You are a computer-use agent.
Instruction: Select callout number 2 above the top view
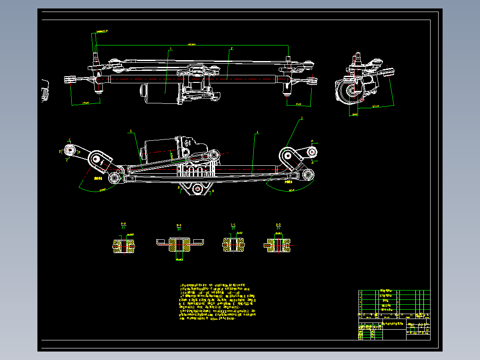(232, 48)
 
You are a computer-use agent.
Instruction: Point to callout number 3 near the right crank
(301, 119)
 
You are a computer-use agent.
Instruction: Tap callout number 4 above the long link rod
(257, 132)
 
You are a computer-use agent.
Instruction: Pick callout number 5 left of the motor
(131, 131)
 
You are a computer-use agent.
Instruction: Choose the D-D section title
(278, 225)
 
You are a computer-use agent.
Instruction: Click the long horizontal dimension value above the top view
(191, 45)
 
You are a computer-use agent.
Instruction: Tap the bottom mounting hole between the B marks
(196, 188)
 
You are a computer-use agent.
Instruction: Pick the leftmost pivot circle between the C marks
(69, 150)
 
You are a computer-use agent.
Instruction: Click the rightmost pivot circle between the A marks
(313, 152)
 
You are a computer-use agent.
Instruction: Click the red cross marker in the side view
(362, 100)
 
